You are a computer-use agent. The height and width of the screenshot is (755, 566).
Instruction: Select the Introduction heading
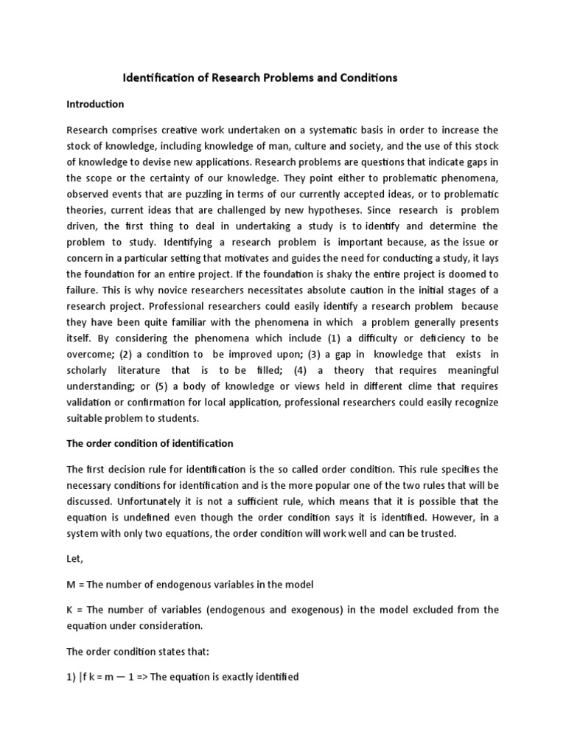pos(95,104)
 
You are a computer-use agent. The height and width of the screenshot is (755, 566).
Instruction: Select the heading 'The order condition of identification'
pos(150,444)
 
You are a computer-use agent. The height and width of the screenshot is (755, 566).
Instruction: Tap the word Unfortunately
pos(99,501)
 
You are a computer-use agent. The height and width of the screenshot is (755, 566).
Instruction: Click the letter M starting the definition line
pos(71,585)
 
